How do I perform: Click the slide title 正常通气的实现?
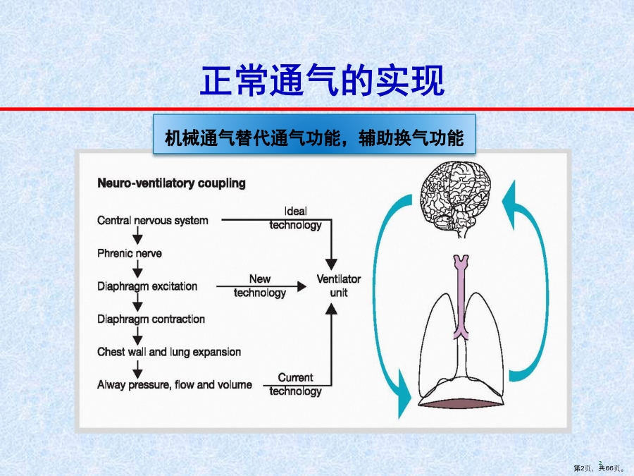(x=322, y=80)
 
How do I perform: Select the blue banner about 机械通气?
(x=314, y=134)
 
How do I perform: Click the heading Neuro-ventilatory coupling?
(x=171, y=183)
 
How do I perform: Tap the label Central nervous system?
(x=153, y=221)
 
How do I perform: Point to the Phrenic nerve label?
(x=130, y=253)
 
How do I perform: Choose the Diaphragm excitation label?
(x=147, y=286)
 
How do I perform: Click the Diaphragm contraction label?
(x=151, y=319)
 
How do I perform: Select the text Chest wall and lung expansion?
(x=169, y=352)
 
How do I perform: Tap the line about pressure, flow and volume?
(x=175, y=385)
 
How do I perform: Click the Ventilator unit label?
(x=338, y=286)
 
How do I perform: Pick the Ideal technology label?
(x=296, y=218)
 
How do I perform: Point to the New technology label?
(x=259, y=286)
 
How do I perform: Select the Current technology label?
(x=296, y=384)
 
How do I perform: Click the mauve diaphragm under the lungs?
(x=461, y=403)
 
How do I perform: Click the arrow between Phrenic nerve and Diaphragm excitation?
(x=137, y=269)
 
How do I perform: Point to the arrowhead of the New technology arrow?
(x=302, y=286)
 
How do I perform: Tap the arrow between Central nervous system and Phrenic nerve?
(x=137, y=236)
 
